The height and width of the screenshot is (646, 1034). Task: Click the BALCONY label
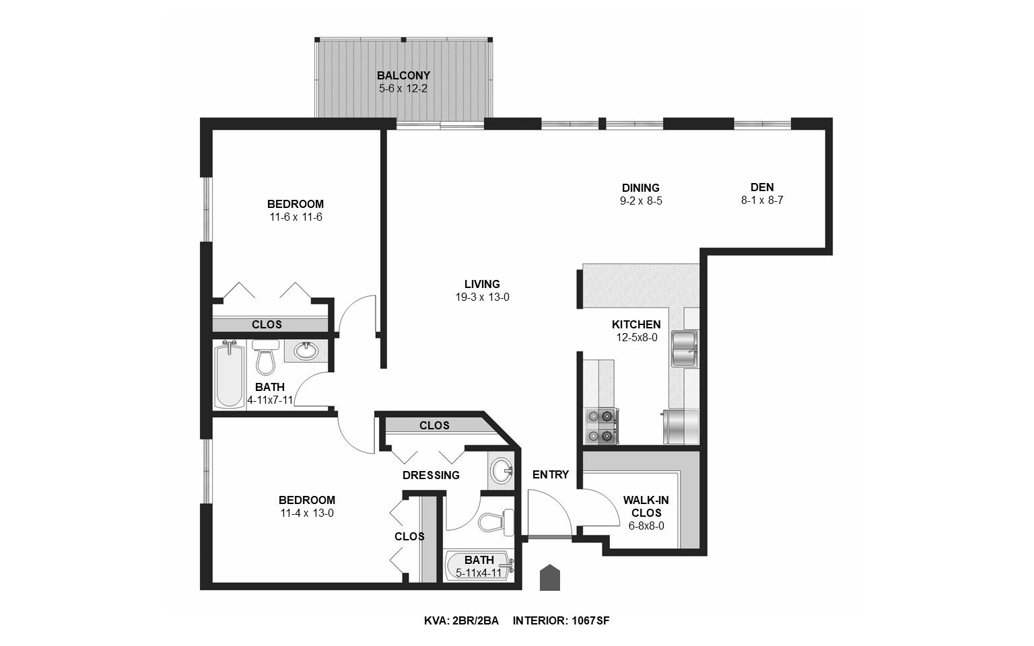coord(403,75)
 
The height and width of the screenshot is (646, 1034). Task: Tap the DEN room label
coord(762,187)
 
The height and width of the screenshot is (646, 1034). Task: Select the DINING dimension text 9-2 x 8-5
coord(640,201)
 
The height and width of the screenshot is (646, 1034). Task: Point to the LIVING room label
coord(482,284)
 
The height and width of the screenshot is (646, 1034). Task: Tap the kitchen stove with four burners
coord(602,426)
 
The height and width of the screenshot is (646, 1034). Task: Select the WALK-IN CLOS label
coord(646,506)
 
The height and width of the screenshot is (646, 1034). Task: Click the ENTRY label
coord(550,474)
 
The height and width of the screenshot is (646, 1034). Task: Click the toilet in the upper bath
coord(266,357)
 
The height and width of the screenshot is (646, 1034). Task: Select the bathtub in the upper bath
coord(229,375)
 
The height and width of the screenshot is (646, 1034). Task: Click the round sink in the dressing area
coord(501,470)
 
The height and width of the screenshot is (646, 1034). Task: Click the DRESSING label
coord(431,475)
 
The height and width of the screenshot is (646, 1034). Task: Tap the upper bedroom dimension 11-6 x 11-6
coord(295,217)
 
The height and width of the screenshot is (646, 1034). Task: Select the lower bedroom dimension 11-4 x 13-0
coord(306,513)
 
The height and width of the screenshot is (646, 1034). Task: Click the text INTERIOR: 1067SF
coord(561,620)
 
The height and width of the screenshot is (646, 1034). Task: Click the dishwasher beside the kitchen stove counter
coord(681,427)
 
